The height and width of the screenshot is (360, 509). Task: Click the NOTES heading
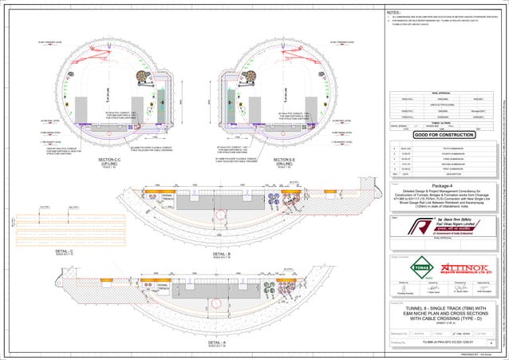click(x=393, y=13)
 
